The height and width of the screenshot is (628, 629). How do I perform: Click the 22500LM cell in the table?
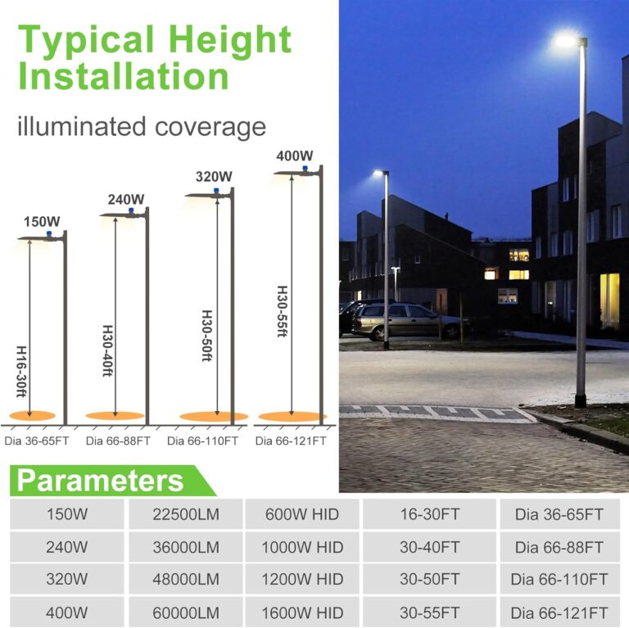(x=186, y=514)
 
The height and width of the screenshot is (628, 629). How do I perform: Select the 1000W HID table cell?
(x=302, y=547)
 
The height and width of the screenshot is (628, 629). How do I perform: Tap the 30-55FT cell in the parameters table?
(x=429, y=612)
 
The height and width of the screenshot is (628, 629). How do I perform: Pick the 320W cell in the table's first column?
(x=67, y=579)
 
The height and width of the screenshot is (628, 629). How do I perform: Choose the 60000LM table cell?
(x=186, y=612)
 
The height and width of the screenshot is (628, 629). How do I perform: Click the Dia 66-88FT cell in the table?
(x=559, y=547)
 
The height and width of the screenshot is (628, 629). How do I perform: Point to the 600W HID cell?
(x=302, y=514)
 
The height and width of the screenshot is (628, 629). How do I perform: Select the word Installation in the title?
(x=124, y=76)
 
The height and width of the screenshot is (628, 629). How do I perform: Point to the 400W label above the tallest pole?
(x=295, y=156)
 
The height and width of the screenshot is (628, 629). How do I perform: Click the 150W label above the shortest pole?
(x=42, y=221)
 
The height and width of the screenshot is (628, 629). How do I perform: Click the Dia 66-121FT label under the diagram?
(x=291, y=441)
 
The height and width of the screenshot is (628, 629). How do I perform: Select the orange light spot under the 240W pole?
(x=115, y=416)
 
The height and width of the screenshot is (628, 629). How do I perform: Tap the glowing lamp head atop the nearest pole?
(x=567, y=39)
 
